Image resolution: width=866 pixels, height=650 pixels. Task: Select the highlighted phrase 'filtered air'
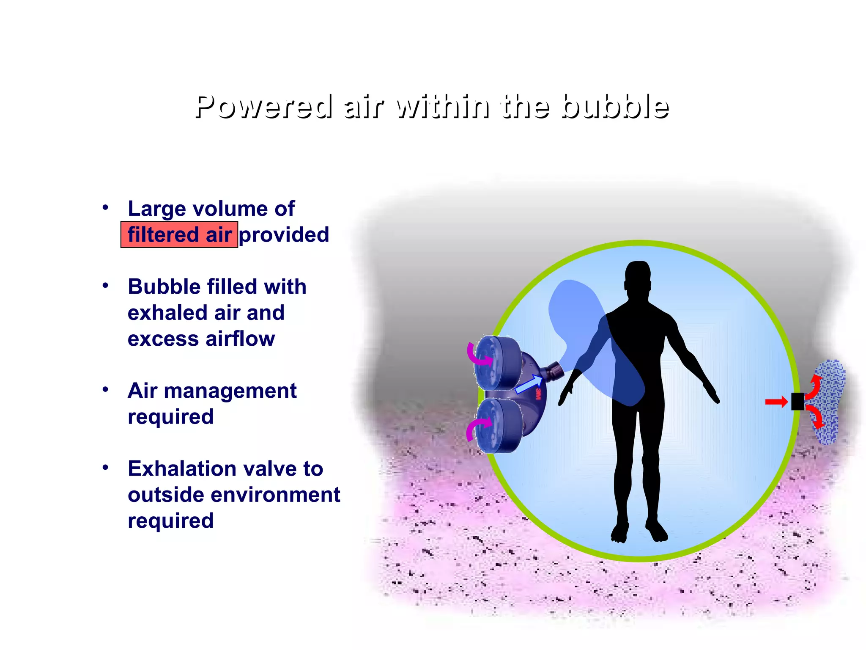point(179,234)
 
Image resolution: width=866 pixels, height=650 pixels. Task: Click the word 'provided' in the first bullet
point(284,234)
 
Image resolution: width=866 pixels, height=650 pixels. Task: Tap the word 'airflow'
point(240,339)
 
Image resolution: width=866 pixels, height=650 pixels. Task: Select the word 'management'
point(230,391)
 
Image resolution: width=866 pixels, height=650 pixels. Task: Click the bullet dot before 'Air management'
point(105,389)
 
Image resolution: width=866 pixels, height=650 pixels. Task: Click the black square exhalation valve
point(797,402)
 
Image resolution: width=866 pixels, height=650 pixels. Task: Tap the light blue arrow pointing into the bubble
point(529,383)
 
